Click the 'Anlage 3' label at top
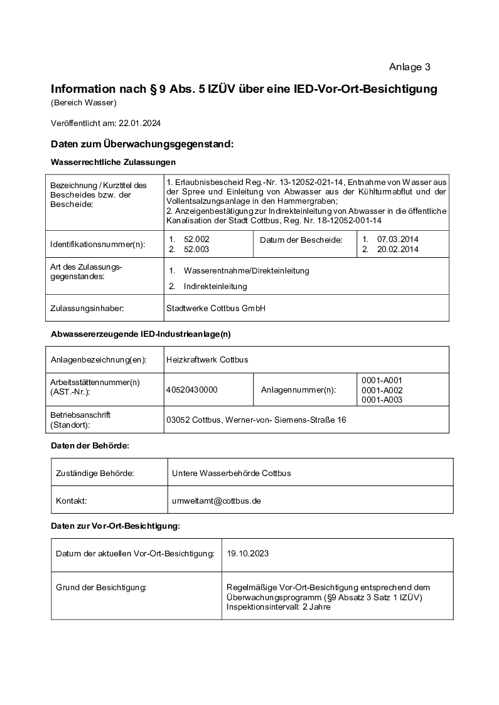(x=409, y=67)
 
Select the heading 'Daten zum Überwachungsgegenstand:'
(x=142, y=144)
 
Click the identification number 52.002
(x=196, y=240)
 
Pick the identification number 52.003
(x=196, y=249)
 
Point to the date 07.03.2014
(x=398, y=240)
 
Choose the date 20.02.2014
(x=398, y=249)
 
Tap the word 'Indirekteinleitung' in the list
(x=215, y=286)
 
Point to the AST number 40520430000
(x=191, y=390)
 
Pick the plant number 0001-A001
(x=382, y=381)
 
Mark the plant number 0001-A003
(x=382, y=400)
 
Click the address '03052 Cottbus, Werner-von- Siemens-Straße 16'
(x=255, y=420)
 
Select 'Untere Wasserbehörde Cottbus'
(x=231, y=472)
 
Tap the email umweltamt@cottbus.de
(x=217, y=501)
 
